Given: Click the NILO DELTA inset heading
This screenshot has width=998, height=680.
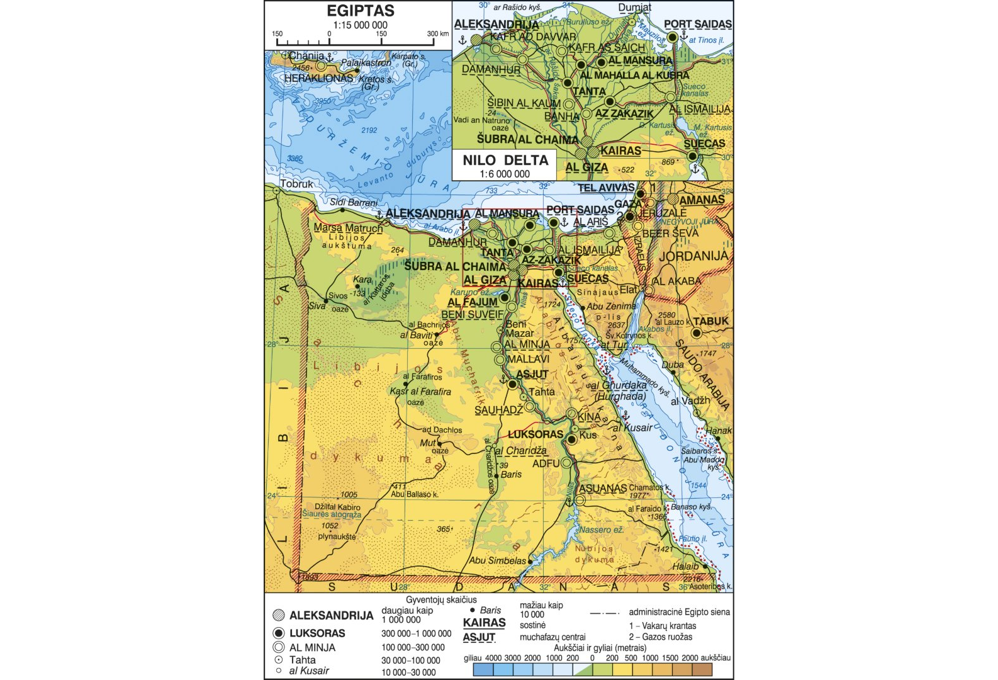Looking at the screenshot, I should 505,160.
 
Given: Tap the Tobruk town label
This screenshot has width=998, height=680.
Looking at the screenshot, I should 296,184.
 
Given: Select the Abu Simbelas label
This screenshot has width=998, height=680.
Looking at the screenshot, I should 497,560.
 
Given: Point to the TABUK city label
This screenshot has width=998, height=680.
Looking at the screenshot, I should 710,321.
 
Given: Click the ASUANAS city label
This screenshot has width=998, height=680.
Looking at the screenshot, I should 603,489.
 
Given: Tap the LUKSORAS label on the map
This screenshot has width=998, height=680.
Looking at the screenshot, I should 535,434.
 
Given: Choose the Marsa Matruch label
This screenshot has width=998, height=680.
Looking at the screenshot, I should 348,228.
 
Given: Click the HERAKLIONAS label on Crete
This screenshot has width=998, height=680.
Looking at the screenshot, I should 318,78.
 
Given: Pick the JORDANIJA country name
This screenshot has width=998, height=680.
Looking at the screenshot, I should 693,256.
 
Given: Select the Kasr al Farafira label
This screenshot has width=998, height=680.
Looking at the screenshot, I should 420,392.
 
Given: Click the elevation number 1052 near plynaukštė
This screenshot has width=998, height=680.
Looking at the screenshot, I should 330,526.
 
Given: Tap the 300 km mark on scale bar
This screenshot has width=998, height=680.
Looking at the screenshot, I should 437,34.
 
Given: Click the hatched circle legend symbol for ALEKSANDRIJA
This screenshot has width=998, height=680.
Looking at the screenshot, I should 279,616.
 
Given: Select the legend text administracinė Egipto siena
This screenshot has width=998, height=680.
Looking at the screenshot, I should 680,611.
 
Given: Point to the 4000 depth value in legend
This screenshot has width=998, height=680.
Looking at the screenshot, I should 493,657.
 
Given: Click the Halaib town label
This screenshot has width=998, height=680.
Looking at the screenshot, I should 685,567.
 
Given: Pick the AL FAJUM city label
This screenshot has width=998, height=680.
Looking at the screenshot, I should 473,302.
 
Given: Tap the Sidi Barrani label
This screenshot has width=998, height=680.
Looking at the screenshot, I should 354,203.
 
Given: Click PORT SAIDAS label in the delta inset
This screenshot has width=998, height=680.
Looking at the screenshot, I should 697,24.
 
